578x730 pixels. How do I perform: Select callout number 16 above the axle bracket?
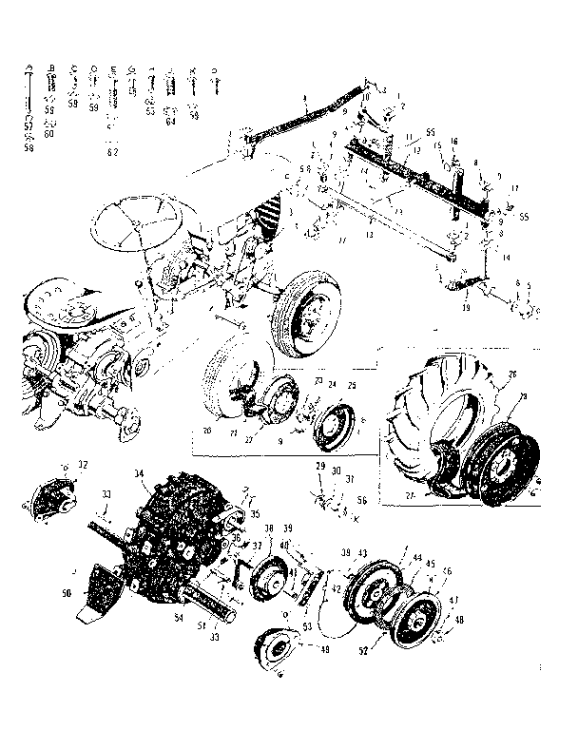tap(453, 140)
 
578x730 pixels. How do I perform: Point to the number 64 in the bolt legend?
tap(171, 122)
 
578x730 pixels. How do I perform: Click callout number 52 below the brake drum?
tap(362, 651)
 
